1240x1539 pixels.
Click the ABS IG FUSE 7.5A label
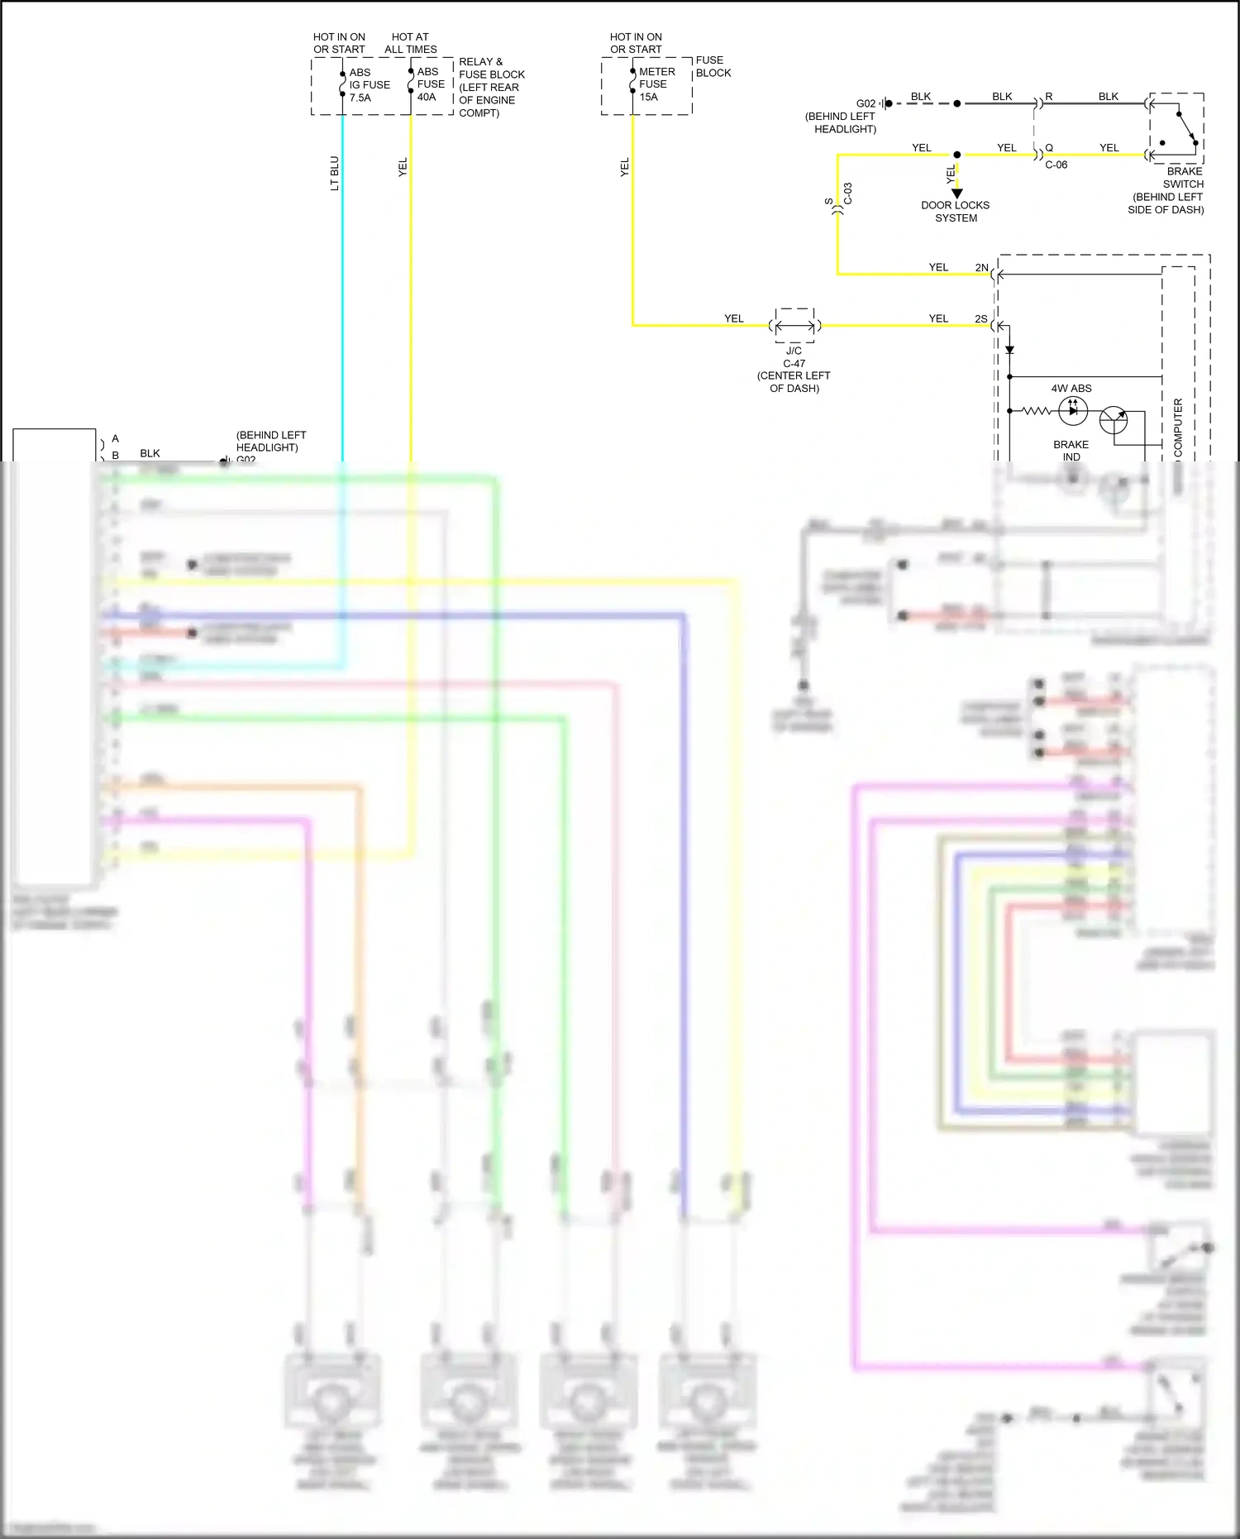click(369, 85)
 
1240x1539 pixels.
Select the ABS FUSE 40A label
click(431, 84)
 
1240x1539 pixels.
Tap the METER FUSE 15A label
click(656, 84)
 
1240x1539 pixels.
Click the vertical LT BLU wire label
click(335, 174)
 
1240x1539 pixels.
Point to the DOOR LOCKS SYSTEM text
click(956, 212)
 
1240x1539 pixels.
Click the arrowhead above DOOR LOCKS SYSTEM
click(957, 194)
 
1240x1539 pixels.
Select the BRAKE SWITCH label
click(1183, 178)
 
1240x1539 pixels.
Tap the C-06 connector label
click(1056, 165)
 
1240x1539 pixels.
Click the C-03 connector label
click(848, 194)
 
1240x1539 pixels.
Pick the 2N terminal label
click(981, 268)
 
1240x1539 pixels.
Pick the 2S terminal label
click(981, 319)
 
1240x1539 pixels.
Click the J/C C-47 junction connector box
click(794, 326)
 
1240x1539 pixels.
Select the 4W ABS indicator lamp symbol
click(1073, 410)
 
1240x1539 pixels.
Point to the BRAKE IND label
click(1071, 451)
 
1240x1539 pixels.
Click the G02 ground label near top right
click(866, 104)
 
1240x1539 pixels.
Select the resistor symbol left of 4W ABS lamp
click(1036, 410)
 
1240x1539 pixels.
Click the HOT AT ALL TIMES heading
click(410, 43)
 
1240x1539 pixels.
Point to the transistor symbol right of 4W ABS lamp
click(1114, 420)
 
